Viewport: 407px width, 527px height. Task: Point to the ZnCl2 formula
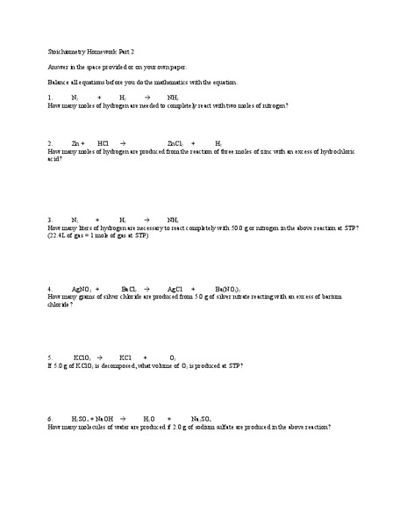[x=175, y=141]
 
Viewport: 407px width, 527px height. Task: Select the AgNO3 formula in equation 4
[x=82, y=289]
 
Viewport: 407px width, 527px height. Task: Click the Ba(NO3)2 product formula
[x=227, y=289]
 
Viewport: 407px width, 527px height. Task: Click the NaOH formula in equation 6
[x=104, y=419]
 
